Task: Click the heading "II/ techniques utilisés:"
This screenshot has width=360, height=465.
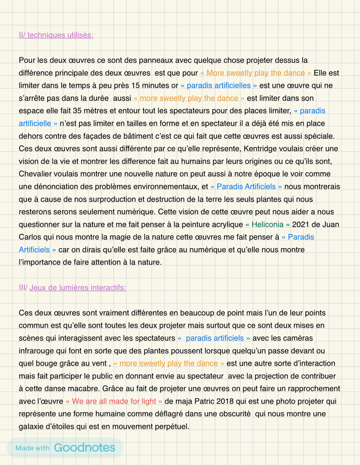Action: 56,35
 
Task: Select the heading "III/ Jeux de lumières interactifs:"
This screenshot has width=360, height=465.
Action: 73,287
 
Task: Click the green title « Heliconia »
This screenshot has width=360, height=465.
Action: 267,224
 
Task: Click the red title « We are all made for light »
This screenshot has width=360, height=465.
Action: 113,401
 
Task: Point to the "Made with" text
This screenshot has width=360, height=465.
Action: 33,448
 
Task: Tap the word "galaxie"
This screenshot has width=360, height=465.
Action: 34,426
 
